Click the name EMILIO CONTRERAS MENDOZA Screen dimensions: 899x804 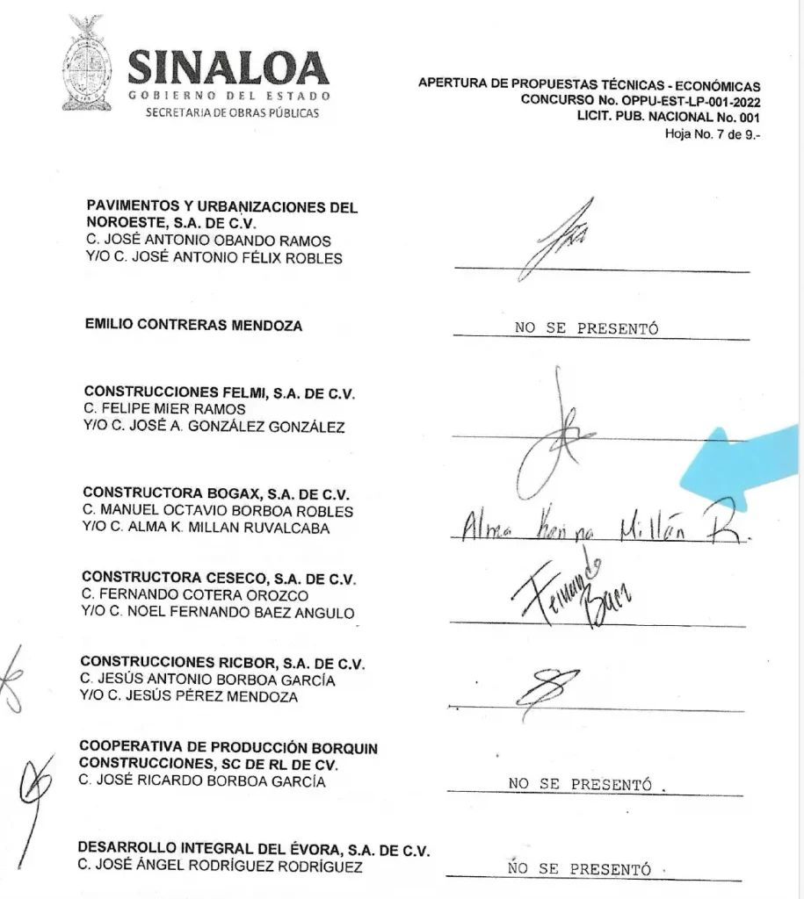(193, 326)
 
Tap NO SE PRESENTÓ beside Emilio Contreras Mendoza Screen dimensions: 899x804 (586, 329)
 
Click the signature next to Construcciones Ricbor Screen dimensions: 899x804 (550, 685)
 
